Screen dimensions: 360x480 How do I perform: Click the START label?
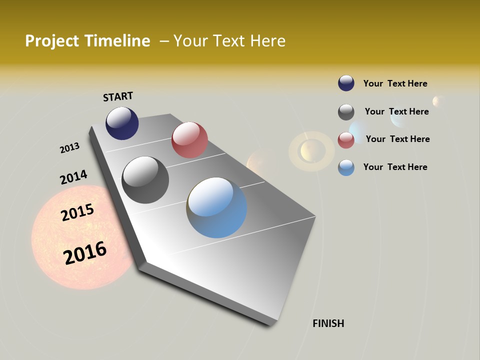[118, 96]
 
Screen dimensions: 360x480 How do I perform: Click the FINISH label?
[328, 323]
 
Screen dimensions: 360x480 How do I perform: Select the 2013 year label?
[69, 148]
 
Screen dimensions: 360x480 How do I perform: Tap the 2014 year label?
[73, 177]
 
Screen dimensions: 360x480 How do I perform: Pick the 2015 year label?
[77, 212]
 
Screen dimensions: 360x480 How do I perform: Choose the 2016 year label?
[85, 253]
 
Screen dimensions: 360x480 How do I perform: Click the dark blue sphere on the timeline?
[122, 123]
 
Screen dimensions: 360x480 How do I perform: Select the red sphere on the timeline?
[189, 140]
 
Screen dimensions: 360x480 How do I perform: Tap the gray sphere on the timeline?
[145, 180]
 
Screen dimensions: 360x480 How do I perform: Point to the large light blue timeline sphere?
[216, 207]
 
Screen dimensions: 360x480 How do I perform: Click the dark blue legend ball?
[346, 83]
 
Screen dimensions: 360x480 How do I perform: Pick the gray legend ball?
[346, 112]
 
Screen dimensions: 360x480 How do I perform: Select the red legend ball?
[346, 140]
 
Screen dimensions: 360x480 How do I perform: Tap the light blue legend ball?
[346, 167]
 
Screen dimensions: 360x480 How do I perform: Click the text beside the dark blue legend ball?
[395, 83]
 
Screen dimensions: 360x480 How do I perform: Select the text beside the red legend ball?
[397, 139]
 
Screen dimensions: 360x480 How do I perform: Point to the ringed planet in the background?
[311, 150]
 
